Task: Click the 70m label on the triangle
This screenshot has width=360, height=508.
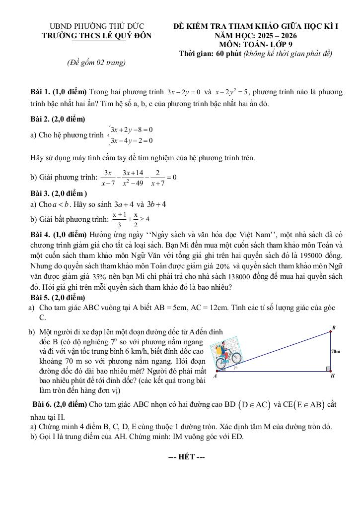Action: pos(336,351)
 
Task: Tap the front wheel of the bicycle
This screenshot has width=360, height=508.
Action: pos(236,357)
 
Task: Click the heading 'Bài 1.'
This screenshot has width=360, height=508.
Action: pos(40,92)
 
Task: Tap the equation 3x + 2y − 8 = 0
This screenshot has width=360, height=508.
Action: pos(132,129)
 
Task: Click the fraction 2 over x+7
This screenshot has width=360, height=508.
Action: pos(157,178)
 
